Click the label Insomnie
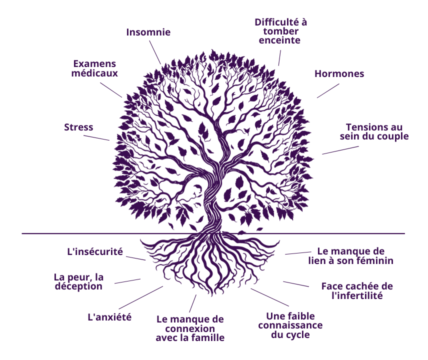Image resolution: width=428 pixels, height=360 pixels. click(148, 32)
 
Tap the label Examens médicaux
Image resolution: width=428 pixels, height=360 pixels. click(94, 68)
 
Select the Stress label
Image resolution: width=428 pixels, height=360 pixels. click(78, 127)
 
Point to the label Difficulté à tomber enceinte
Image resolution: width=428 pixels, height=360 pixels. click(280, 31)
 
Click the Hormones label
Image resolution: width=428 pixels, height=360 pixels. click(339, 73)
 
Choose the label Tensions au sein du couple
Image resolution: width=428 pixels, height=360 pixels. click(374, 132)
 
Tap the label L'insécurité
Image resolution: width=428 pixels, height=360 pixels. click(95, 251)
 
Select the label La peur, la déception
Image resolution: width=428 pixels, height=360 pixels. click(78, 281)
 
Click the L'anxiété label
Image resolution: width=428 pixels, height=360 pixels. click(109, 317)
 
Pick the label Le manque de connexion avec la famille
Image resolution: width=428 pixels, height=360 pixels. click(190, 328)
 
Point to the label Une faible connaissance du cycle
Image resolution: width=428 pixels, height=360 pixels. click(290, 325)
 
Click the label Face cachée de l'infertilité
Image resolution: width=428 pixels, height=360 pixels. click(357, 291)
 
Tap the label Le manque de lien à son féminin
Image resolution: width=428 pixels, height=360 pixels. click(351, 256)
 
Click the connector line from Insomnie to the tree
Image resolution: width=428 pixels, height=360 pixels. click(155, 52)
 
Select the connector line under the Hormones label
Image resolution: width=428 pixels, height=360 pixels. click(328, 90)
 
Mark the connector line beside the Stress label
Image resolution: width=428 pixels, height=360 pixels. click(96, 138)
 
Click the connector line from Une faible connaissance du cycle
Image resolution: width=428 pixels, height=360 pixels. click(269, 297)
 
